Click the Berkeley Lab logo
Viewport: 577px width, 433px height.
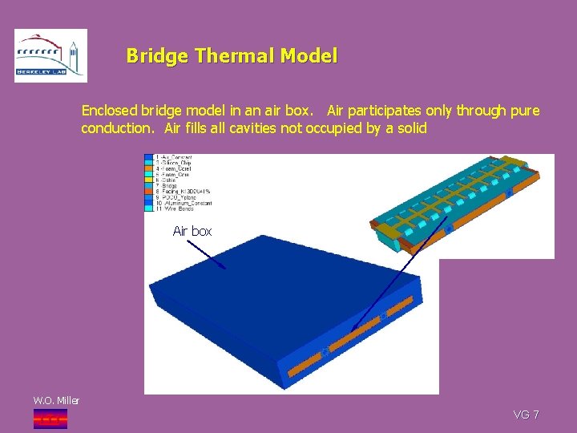coord(50,55)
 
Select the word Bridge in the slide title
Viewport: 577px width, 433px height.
coord(156,56)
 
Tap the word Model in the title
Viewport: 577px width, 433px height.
coord(310,56)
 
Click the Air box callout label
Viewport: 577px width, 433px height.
coord(192,231)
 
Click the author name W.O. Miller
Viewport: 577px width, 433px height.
coord(55,400)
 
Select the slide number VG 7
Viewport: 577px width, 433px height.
coord(526,415)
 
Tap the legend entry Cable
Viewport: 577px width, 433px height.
coord(171,180)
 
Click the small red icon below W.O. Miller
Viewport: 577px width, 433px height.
coord(50,418)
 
